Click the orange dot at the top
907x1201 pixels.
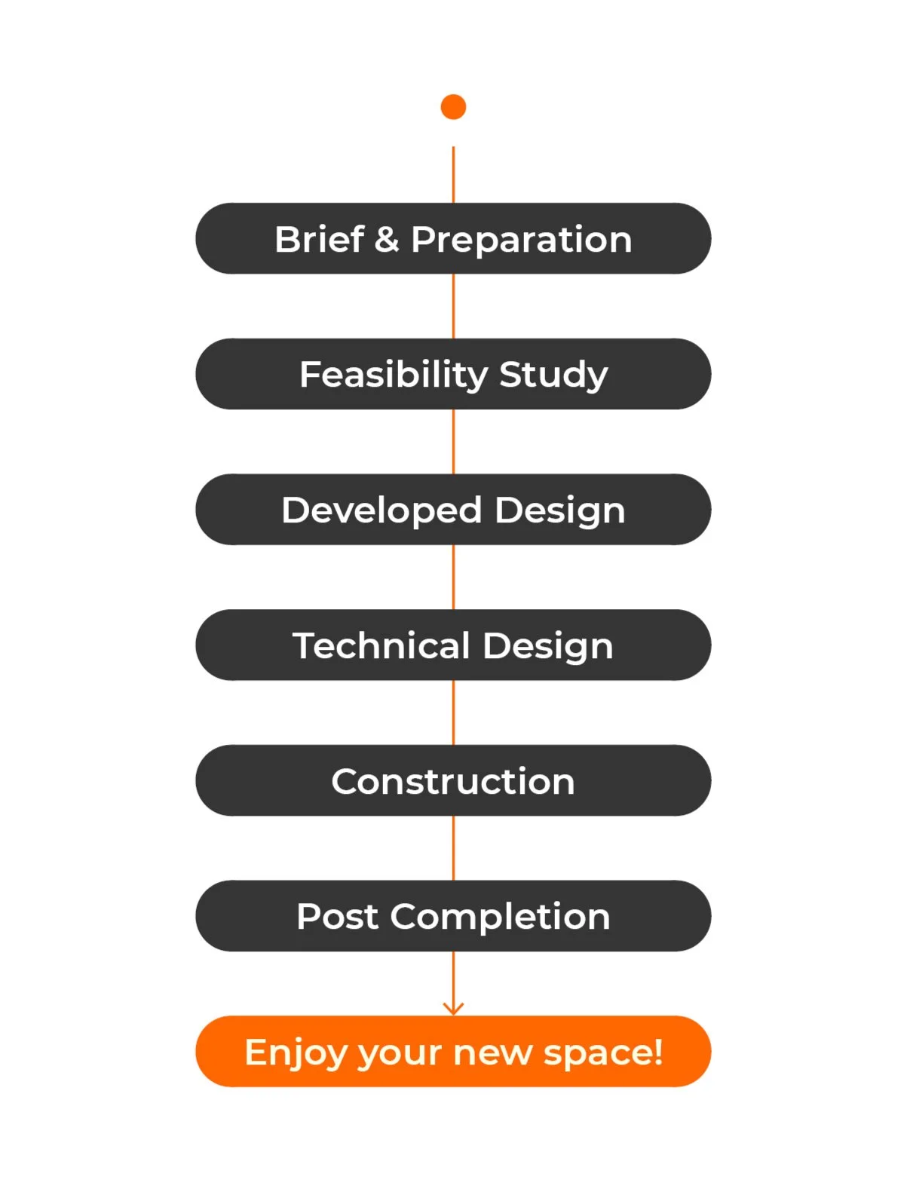(453, 107)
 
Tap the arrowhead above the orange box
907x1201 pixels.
(453, 1007)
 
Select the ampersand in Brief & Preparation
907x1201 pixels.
(387, 240)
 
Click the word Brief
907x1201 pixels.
(319, 240)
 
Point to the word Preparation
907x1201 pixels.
(521, 240)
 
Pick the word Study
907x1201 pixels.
(553, 375)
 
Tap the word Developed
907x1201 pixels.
(381, 510)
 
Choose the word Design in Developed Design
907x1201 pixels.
(560, 511)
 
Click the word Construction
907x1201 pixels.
(453, 782)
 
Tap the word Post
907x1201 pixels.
(337, 917)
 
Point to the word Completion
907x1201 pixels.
(500, 918)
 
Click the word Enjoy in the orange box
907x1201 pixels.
(296, 1052)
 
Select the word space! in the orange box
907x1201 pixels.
(603, 1052)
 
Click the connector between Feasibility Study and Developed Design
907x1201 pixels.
(453, 442)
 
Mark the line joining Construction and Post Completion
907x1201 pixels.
(453, 848)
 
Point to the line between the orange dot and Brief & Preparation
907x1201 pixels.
(453, 174)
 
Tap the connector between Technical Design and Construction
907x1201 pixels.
(453, 712)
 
